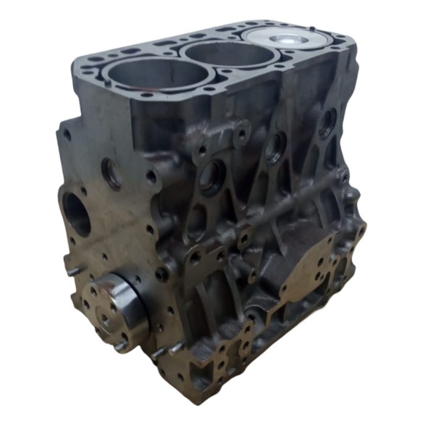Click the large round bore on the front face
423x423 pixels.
tap(78, 213)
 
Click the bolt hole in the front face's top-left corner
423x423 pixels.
tap(67, 135)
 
